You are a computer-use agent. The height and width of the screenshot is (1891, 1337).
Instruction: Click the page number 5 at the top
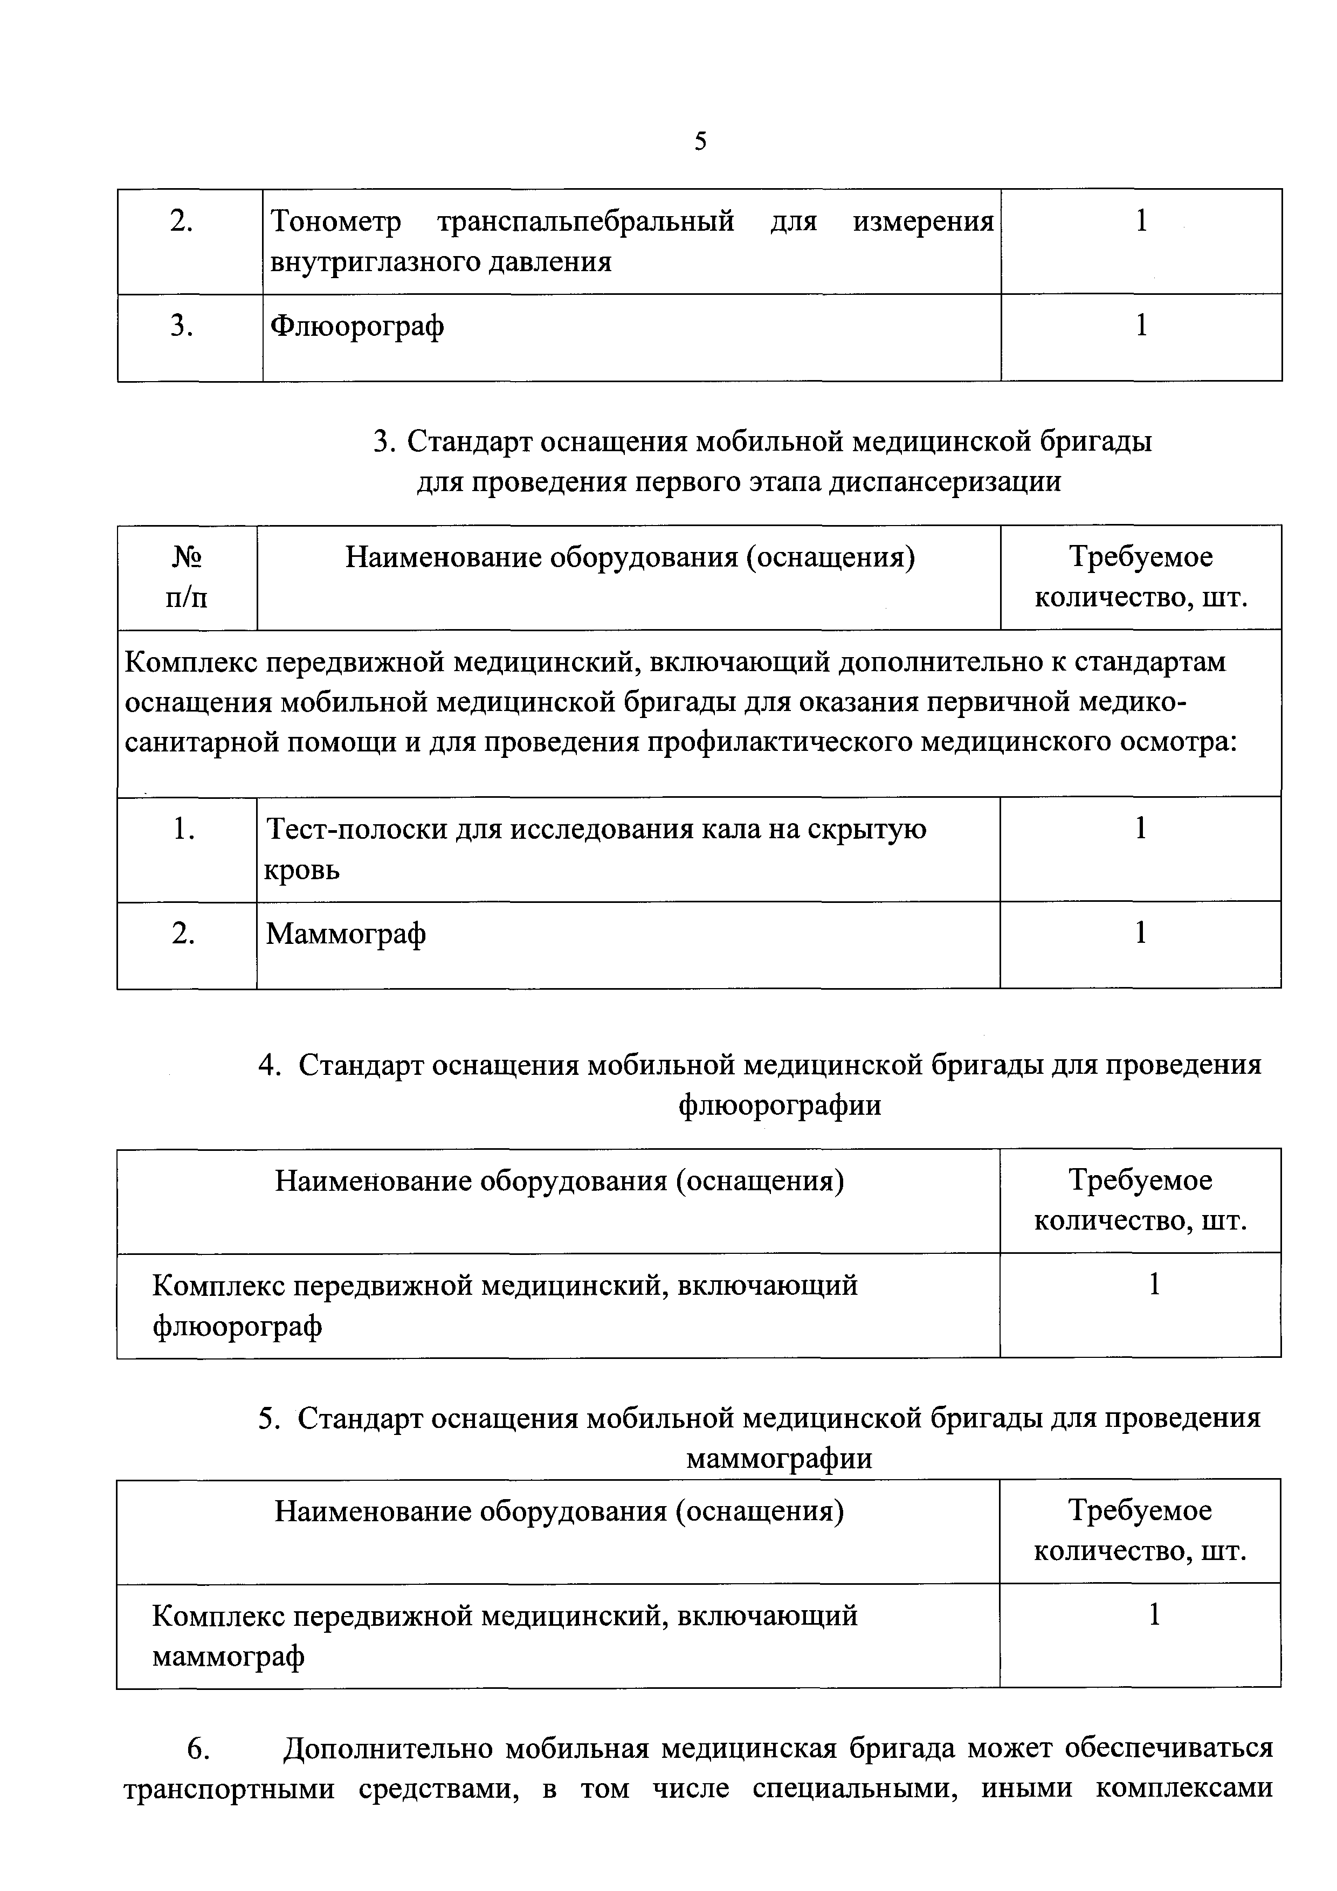[x=700, y=142]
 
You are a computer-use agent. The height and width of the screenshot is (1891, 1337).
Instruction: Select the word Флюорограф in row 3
[x=357, y=326]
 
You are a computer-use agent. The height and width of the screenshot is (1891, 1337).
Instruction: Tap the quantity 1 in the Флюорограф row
[x=1141, y=326]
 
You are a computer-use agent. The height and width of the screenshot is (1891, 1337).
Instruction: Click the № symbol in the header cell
[x=187, y=557]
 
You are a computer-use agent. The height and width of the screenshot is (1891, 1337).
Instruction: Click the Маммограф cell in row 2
[x=346, y=934]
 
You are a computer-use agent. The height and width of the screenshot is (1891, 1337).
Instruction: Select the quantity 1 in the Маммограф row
[x=1140, y=933]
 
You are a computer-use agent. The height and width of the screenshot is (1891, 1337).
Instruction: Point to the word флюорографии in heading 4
[x=780, y=1105]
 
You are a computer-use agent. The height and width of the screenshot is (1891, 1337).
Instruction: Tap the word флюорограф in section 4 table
[x=237, y=1326]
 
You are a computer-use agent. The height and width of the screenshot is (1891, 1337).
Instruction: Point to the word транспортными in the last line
[x=229, y=1789]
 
